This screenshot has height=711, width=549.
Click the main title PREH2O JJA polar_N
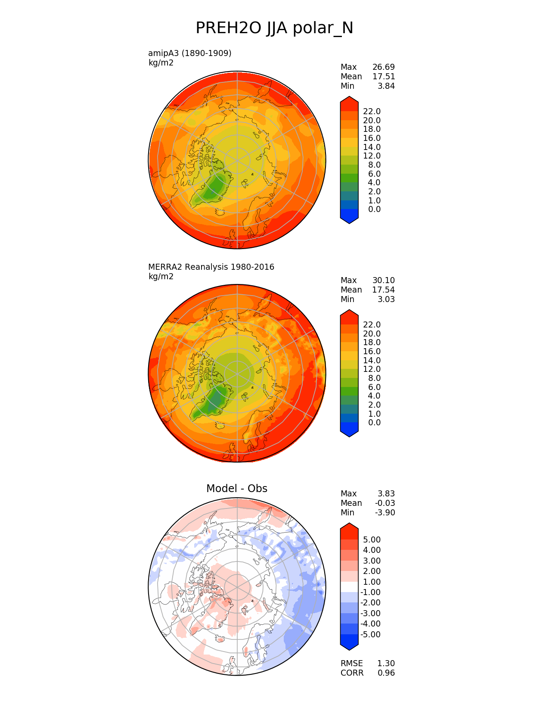point(274,28)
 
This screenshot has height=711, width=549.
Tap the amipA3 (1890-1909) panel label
point(189,53)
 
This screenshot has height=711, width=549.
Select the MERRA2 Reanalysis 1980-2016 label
point(211,267)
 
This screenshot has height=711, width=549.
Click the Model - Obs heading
point(237,488)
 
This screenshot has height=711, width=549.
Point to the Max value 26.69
point(383,67)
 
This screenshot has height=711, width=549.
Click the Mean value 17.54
point(383,290)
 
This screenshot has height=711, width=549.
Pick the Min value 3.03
point(386,299)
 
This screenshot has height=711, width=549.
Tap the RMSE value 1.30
point(386,663)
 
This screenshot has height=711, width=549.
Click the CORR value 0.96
point(386,673)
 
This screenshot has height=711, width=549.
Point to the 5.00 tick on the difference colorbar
point(372,539)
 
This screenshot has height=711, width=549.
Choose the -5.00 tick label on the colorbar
point(370,634)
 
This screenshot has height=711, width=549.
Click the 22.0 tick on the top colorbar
point(372,111)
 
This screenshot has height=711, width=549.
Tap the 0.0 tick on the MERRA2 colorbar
point(374,422)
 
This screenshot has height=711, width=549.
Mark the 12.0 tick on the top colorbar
point(372,156)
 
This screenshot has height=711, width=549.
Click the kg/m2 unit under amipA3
point(161,62)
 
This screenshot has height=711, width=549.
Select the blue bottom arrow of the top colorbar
point(349,217)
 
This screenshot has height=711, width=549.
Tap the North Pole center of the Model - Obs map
point(237,586)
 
